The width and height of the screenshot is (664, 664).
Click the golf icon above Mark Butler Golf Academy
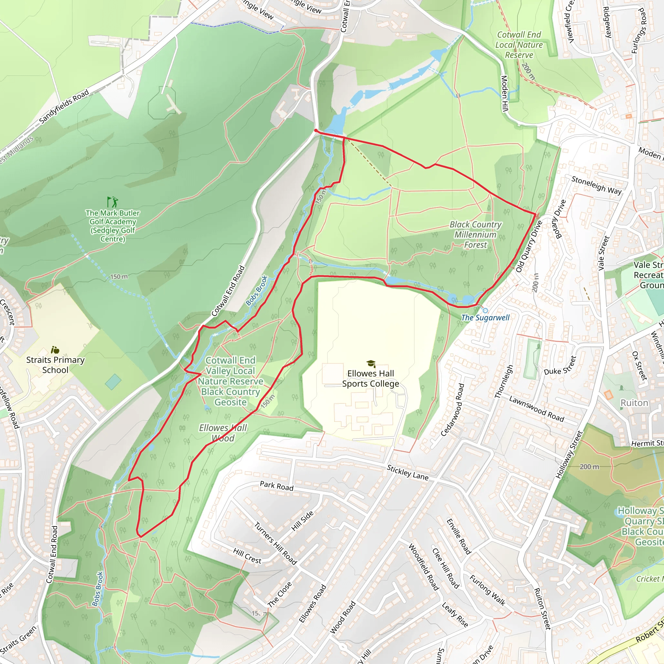pyautogui.click(x=113, y=202)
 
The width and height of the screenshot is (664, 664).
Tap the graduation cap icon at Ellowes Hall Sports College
pyautogui.click(x=371, y=364)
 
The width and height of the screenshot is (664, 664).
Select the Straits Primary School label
pyautogui.click(x=55, y=365)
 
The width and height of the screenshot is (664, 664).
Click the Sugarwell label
pyautogui.click(x=485, y=317)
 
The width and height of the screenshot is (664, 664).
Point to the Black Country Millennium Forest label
pyautogui.click(x=476, y=234)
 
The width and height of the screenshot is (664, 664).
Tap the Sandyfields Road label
pyautogui.click(x=64, y=107)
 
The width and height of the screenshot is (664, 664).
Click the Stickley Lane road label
pyautogui.click(x=408, y=473)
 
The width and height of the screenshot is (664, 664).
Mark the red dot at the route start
pyautogui.click(x=316, y=131)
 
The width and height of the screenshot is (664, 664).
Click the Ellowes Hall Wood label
pyautogui.click(x=223, y=433)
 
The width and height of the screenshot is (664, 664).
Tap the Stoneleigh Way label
pyautogui.click(x=596, y=185)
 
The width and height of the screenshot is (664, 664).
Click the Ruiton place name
pyautogui.click(x=634, y=403)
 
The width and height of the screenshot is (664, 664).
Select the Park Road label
pyautogui.click(x=277, y=486)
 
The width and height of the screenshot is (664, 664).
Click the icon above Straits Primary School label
pyautogui.click(x=55, y=350)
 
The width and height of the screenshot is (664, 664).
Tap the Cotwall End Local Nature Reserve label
pyautogui.click(x=519, y=45)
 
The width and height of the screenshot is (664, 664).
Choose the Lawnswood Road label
pyautogui.click(x=536, y=409)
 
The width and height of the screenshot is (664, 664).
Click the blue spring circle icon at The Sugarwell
pyautogui.click(x=485, y=310)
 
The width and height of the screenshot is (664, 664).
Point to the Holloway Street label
pyautogui.click(x=569, y=455)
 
